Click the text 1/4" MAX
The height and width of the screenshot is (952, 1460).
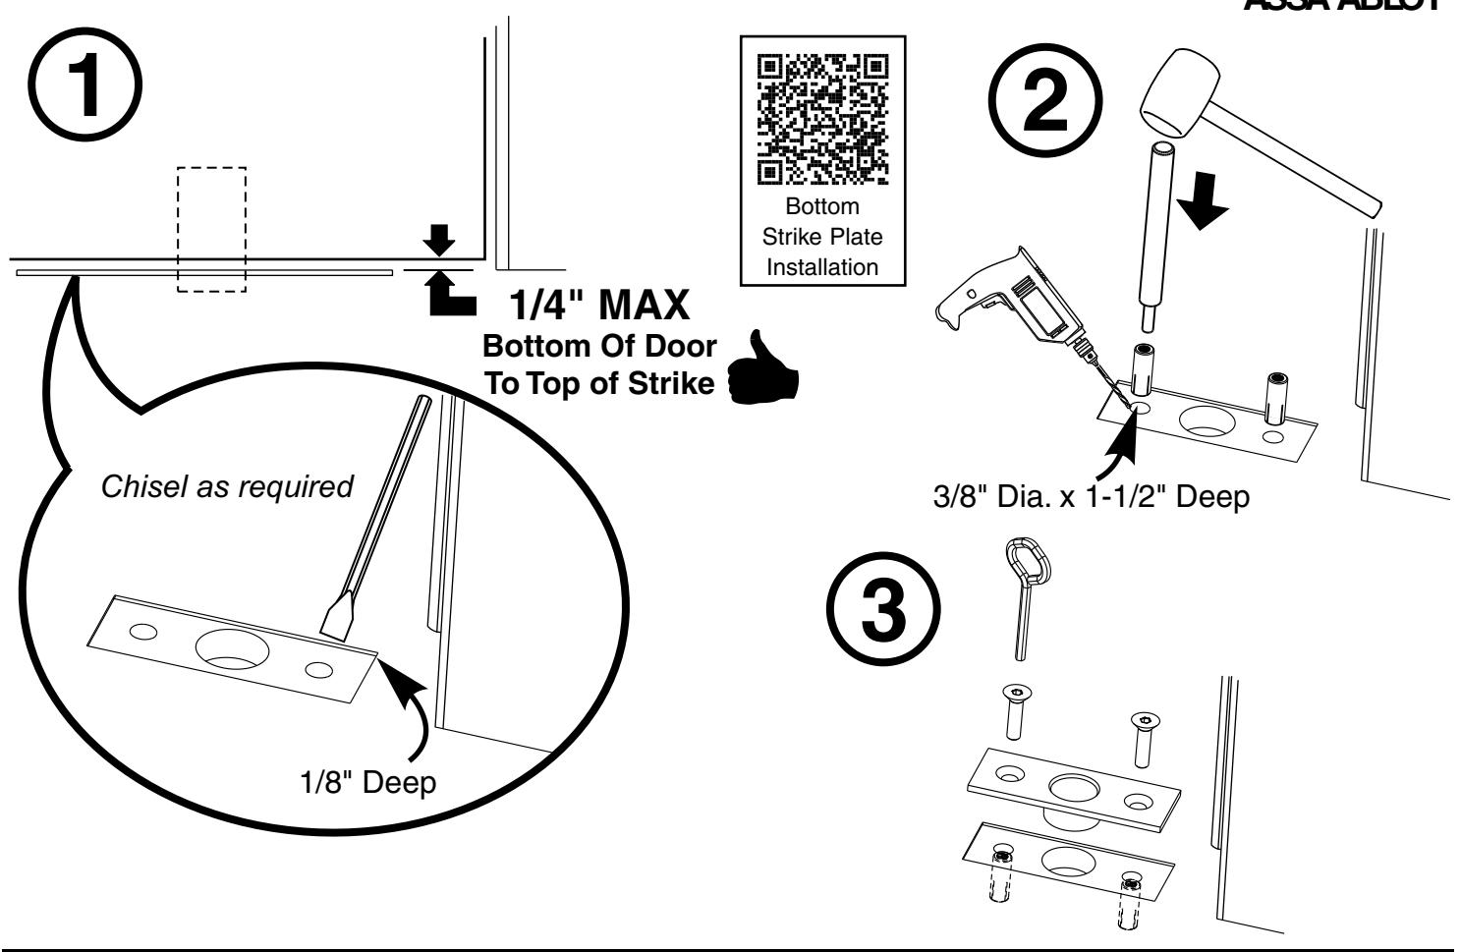[603, 307]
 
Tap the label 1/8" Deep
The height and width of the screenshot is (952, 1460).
[368, 785]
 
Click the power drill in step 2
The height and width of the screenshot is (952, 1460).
[1012, 316]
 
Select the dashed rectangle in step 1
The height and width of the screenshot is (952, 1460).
[211, 229]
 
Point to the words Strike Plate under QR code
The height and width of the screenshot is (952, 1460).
[822, 237]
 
